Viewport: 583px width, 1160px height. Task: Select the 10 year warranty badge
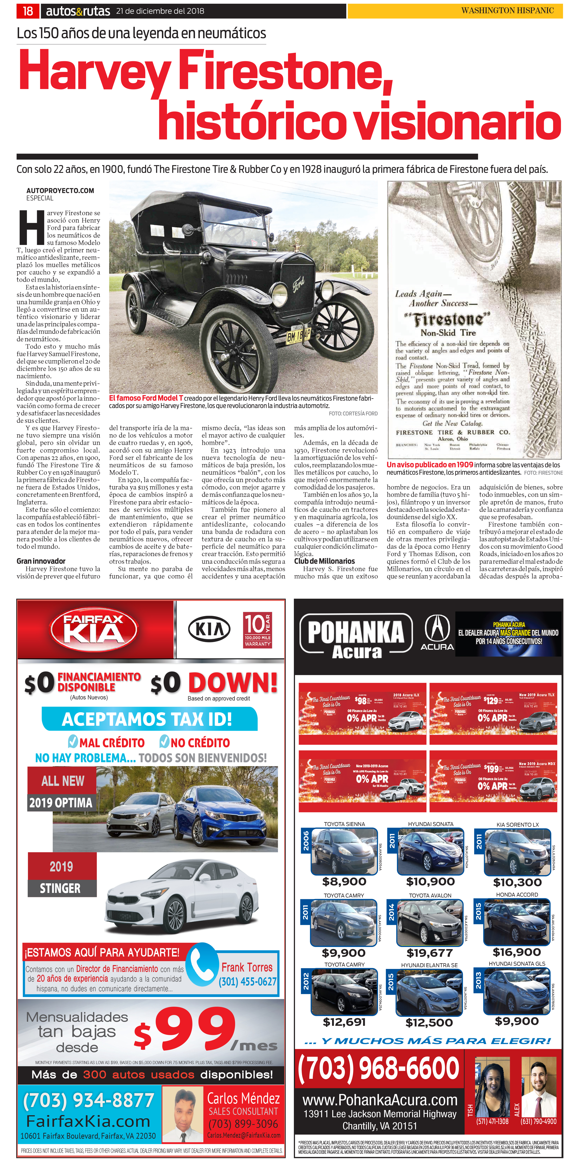click(x=257, y=630)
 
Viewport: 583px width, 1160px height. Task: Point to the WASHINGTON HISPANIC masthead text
click(x=508, y=10)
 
